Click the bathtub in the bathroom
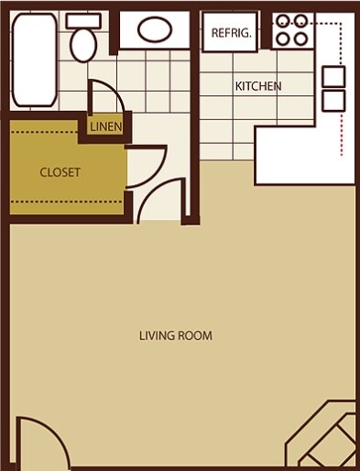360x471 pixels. (33, 59)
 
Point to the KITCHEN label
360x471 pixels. (258, 87)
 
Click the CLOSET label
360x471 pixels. (60, 172)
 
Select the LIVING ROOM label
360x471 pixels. (175, 335)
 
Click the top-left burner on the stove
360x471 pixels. (282, 21)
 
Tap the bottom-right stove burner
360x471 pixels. (300, 38)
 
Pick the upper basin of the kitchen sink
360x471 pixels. (333, 75)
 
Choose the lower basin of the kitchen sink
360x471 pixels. (333, 99)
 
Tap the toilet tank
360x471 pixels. (83, 20)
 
